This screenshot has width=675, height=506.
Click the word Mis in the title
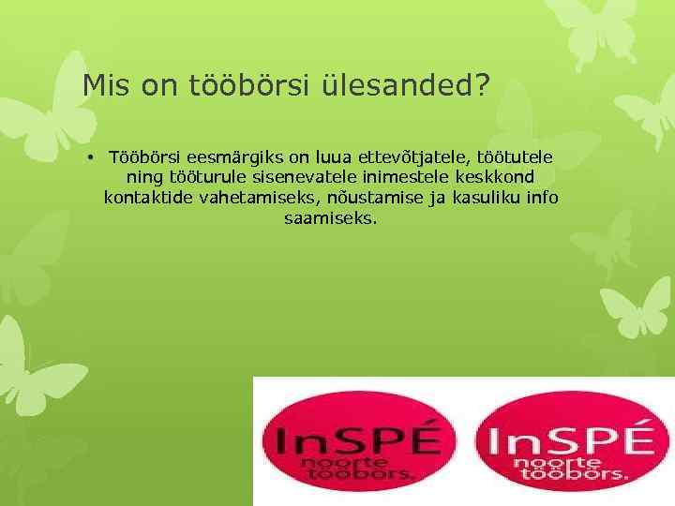point(104,86)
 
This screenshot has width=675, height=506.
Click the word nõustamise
point(365,197)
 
